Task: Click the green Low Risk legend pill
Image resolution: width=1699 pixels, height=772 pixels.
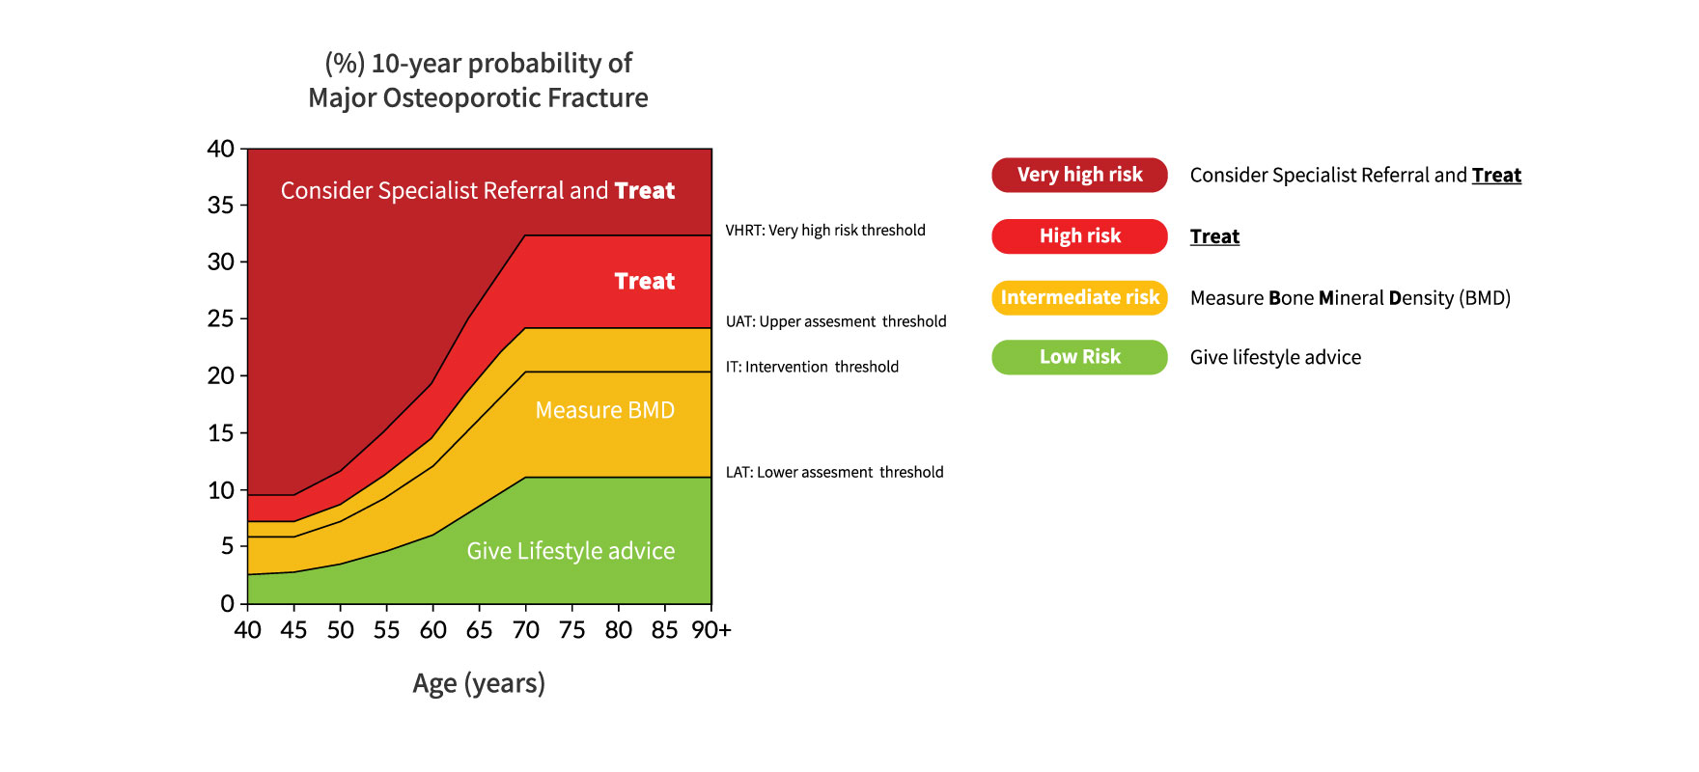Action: click(1079, 357)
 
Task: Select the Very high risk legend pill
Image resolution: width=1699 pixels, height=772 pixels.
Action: click(1079, 175)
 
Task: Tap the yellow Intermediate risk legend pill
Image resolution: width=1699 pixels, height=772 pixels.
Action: click(1079, 297)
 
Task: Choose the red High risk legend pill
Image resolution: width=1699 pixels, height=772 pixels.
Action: click(1079, 236)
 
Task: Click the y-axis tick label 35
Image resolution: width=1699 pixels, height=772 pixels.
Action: click(221, 205)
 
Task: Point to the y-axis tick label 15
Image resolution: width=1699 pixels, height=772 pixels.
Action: click(221, 432)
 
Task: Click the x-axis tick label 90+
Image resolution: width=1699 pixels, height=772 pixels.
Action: click(711, 630)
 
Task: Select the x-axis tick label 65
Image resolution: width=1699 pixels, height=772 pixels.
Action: click(479, 630)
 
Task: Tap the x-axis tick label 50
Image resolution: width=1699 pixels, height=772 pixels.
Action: click(340, 630)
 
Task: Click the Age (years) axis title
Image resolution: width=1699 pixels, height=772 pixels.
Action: click(479, 683)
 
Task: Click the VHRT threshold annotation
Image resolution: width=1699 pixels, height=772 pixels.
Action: click(825, 231)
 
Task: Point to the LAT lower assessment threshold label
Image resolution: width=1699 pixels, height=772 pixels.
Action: click(834, 472)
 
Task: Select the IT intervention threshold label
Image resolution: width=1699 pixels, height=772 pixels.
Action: click(812, 367)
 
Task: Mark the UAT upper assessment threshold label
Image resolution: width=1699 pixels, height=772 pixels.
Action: click(836, 321)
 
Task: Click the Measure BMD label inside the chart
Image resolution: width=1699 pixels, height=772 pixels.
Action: click(604, 410)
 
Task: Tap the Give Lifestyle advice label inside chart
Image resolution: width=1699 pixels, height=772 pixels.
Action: click(571, 551)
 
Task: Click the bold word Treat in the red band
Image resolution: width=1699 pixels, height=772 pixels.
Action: click(645, 281)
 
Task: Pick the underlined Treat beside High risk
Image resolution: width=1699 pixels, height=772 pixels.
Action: click(1214, 236)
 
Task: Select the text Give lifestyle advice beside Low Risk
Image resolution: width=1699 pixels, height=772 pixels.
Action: click(1275, 358)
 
